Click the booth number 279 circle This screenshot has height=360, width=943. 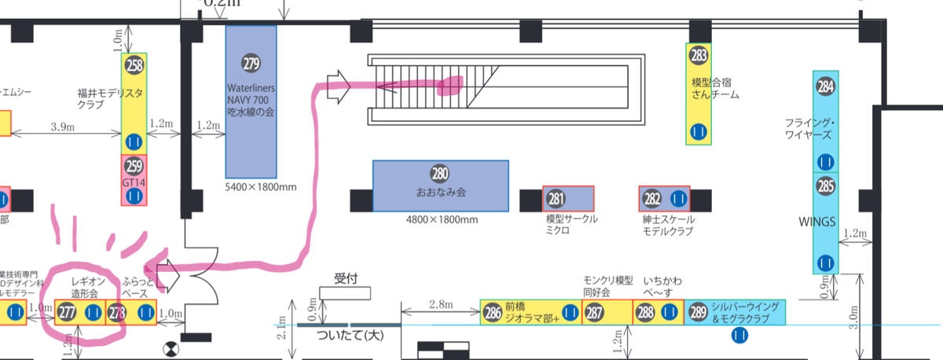[x=251, y=63]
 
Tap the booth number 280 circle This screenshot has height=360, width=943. [x=439, y=174]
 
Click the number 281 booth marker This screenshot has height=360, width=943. [x=556, y=198]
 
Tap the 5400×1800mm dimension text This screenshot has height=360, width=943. [x=261, y=187]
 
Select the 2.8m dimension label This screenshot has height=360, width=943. [x=439, y=303]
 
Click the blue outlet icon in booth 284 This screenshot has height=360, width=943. [x=825, y=162]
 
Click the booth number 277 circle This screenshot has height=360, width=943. [x=66, y=312]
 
